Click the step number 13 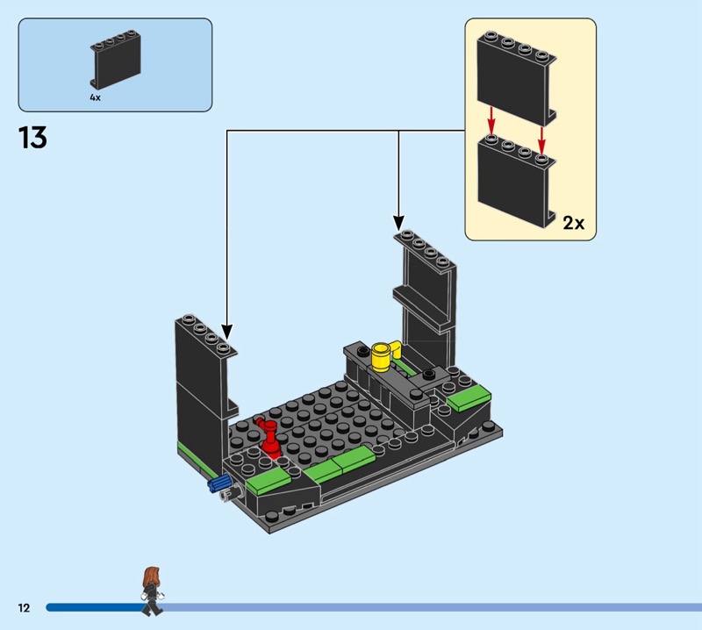point(32,137)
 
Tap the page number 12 point(23,607)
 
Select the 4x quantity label point(95,97)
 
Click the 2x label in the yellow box point(573,223)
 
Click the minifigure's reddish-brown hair point(150,576)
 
